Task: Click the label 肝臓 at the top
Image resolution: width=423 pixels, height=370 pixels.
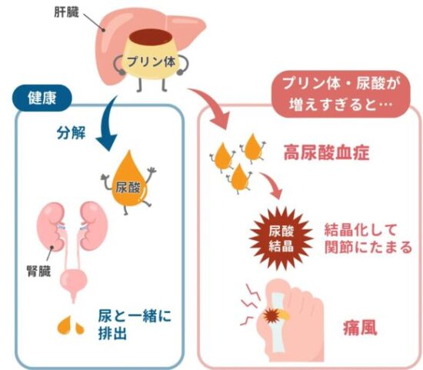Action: (66, 12)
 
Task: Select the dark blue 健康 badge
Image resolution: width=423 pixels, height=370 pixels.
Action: (42, 98)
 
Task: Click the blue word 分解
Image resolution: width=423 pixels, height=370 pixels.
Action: (71, 133)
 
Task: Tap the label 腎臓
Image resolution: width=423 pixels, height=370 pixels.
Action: (38, 271)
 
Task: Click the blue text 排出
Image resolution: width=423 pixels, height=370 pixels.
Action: (112, 333)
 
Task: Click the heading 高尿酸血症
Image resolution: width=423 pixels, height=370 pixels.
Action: (326, 153)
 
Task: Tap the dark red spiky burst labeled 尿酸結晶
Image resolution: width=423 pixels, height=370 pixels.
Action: (281, 238)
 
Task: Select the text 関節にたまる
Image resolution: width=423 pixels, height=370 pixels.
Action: (368, 247)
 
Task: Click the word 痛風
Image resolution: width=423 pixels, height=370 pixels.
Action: (360, 328)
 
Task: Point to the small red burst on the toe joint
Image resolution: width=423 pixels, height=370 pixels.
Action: (271, 315)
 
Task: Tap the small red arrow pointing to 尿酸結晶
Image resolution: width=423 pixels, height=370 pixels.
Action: (272, 185)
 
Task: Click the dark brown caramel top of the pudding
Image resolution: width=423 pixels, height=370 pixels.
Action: (151, 36)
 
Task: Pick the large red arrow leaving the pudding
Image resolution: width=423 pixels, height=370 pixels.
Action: (213, 106)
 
